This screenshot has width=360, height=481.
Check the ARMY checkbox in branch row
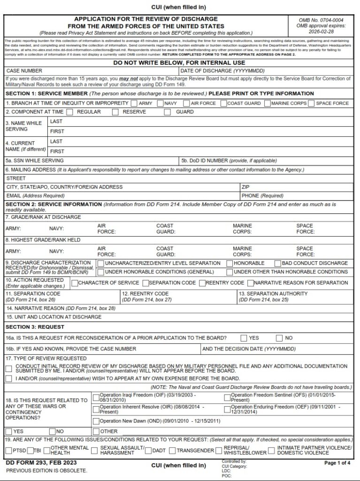(x=134, y=103)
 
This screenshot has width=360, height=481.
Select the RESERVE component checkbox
(x=115, y=112)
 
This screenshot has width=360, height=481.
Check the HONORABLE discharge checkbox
(x=230, y=264)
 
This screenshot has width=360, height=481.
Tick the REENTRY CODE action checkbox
(x=202, y=283)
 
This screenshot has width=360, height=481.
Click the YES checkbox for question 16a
(x=244, y=338)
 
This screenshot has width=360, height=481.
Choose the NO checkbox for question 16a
(x=279, y=338)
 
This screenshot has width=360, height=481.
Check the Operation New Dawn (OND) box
(x=96, y=421)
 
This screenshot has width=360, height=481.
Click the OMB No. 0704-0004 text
(x=321, y=20)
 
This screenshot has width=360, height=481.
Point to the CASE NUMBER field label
(x=24, y=70)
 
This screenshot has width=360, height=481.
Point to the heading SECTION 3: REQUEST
(x=35, y=326)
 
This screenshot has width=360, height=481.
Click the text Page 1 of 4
(x=337, y=463)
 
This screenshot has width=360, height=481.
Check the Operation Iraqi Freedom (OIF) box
(x=96, y=397)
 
